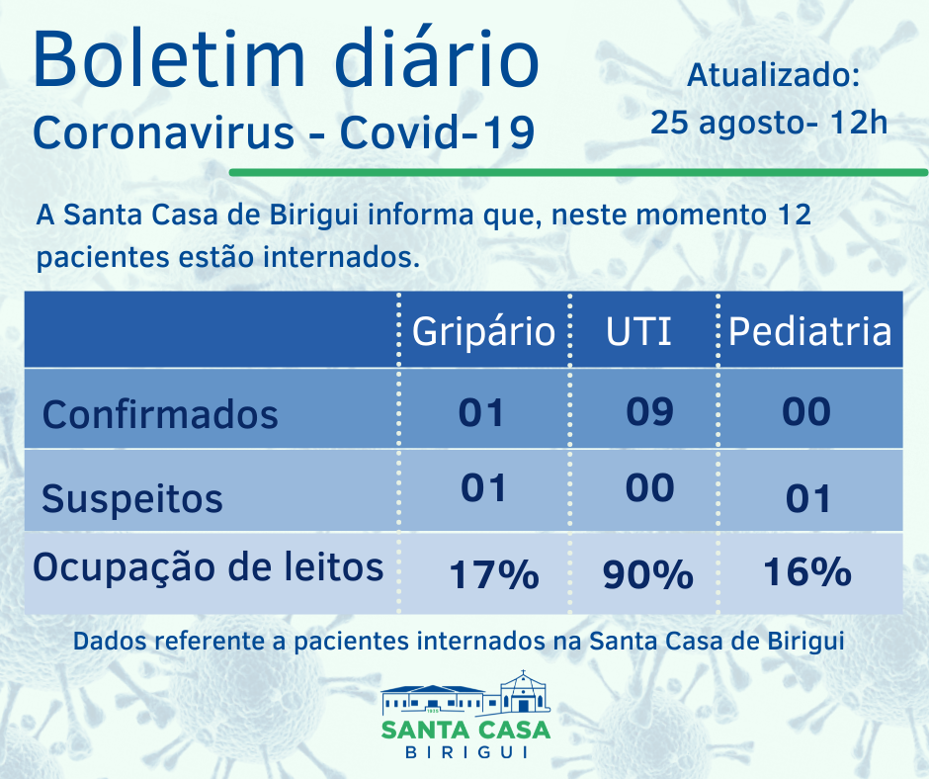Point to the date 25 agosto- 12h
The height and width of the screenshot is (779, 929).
point(769,123)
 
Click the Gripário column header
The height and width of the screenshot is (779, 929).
point(483,331)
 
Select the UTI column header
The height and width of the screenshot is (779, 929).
point(638,331)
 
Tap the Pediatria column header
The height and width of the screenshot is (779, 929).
point(809,331)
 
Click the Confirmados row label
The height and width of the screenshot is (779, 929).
point(160,413)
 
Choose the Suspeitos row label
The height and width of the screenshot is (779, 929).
point(132,498)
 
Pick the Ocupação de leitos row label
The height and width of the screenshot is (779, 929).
point(209,567)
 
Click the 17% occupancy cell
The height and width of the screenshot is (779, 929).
point(494,574)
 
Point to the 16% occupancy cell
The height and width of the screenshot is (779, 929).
point(806,572)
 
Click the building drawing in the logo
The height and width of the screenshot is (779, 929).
point(465,695)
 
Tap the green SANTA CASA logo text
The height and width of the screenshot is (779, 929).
point(465,730)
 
